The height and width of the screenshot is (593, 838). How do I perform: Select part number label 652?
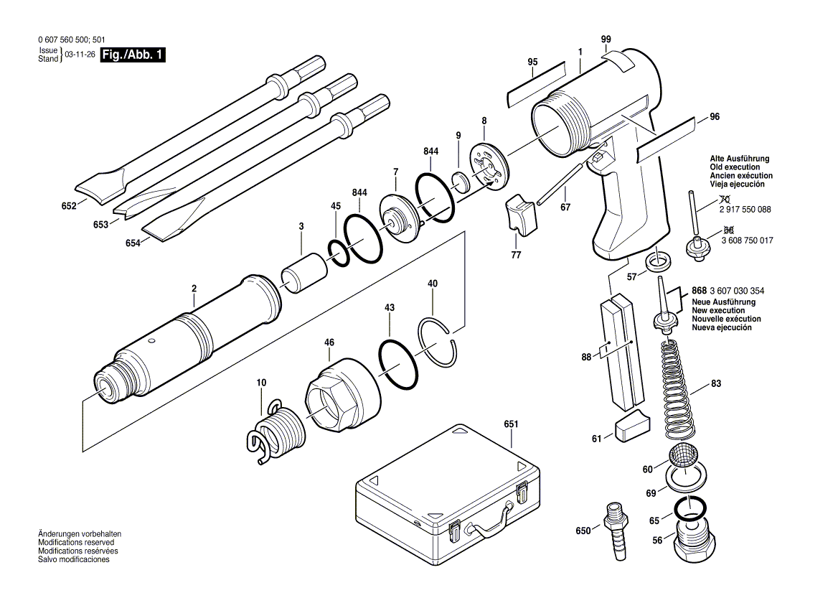[69, 205]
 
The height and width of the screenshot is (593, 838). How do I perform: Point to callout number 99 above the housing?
[606, 39]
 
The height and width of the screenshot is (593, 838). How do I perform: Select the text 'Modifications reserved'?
[76, 543]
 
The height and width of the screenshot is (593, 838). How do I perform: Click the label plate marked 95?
[537, 85]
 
